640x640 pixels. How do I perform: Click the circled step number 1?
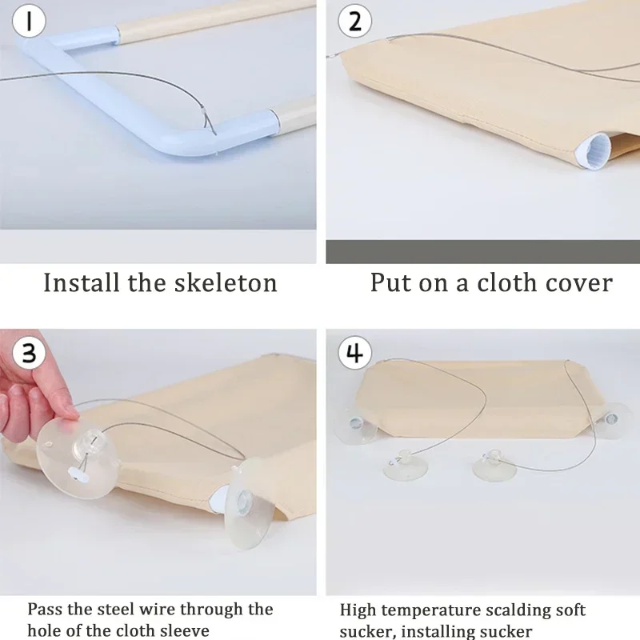click(29, 21)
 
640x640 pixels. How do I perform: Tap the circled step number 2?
click(354, 21)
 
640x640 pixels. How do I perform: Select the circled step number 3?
click(29, 353)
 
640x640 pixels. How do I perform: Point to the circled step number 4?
click(354, 353)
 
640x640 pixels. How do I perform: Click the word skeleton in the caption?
click(226, 282)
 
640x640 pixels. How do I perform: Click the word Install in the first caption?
click(81, 282)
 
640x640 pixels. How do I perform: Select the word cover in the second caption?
click(578, 282)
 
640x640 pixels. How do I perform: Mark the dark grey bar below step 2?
click(483, 251)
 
